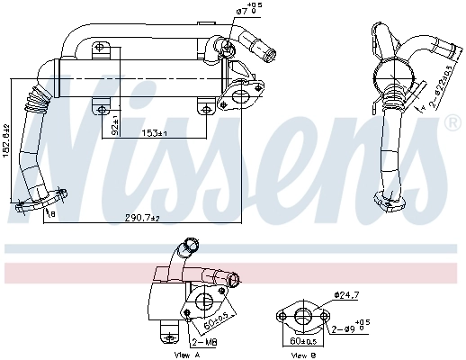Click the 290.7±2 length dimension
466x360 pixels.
(x=141, y=218)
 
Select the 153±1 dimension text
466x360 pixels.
(x=154, y=134)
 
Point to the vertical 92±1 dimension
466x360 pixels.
(x=114, y=127)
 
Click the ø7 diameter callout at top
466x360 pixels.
(x=249, y=11)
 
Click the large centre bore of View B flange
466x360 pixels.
(x=303, y=314)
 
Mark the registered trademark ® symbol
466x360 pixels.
(x=453, y=123)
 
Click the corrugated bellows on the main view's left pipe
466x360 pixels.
(x=37, y=93)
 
